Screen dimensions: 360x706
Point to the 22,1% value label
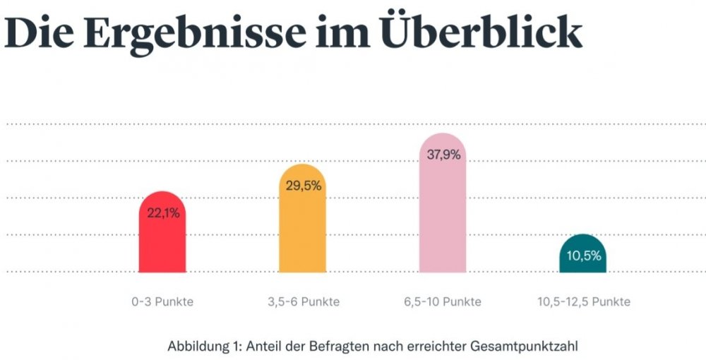pos(163,212)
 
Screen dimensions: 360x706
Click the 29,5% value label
pos(304,186)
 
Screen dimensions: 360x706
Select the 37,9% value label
pos(443,155)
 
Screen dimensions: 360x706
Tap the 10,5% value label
pos(583,256)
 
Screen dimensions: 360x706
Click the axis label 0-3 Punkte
pos(162,301)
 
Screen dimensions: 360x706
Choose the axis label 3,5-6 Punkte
pos(303,301)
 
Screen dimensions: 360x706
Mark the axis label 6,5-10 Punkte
pos(443,301)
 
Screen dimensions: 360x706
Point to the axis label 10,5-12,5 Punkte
pos(583,301)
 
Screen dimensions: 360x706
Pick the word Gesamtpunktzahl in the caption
pos(532,347)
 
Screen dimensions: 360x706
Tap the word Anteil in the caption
pos(263,347)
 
